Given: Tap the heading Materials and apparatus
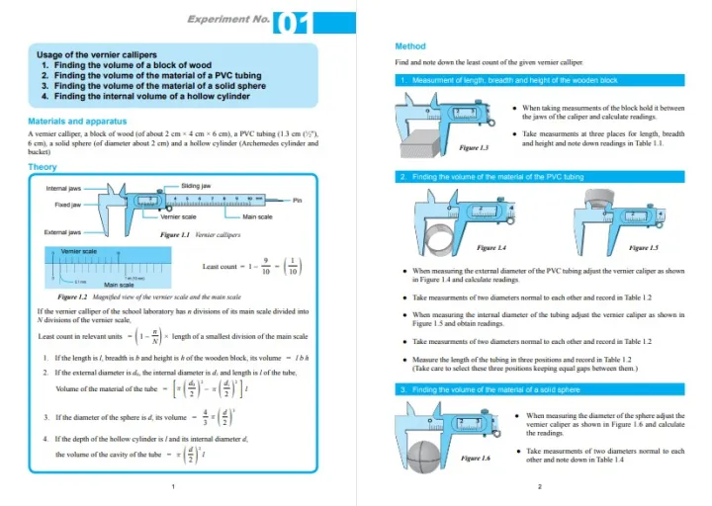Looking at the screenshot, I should pos(77,122).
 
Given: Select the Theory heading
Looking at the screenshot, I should pos(43,167).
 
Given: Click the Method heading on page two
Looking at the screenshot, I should pos(409,46).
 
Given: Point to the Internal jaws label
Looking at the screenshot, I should pos(63,188).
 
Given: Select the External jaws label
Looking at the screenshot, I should pos(63,232).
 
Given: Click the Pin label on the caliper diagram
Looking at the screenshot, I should pos(298,200).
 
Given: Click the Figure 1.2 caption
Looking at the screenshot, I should pos(149,296).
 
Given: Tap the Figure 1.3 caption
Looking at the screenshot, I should pos(475,147).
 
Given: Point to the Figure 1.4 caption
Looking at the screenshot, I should pos(491,247).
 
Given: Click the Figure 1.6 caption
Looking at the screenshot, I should pos(476,459).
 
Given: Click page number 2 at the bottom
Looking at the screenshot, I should pos(539,486).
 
